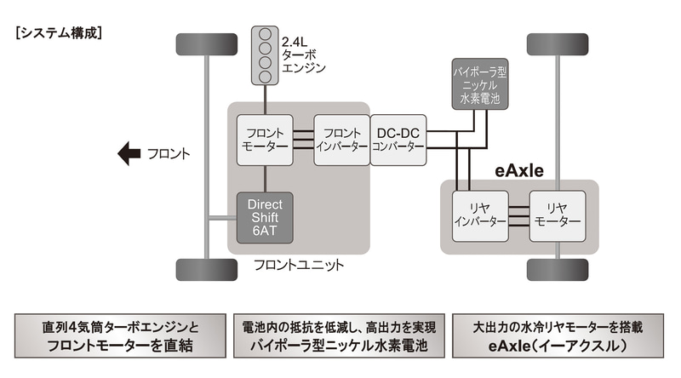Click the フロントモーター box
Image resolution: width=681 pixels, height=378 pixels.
click(x=266, y=139)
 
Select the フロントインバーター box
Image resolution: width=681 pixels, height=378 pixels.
click(x=342, y=139)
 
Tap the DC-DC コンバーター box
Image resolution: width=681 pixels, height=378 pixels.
click(x=398, y=139)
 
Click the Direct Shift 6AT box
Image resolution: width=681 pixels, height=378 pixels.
click(x=265, y=216)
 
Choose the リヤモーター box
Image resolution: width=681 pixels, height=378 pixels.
click(x=557, y=215)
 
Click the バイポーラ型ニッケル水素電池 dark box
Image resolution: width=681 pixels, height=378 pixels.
click(x=482, y=84)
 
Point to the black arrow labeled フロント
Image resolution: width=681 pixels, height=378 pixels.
click(x=129, y=154)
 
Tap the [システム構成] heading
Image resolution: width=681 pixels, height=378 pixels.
click(x=59, y=34)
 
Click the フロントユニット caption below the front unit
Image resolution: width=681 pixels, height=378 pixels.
click(x=299, y=266)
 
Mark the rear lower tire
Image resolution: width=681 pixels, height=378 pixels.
click(x=558, y=270)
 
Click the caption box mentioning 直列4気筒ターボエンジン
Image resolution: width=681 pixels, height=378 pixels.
click(x=119, y=337)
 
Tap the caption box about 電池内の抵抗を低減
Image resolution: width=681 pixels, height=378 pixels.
click(x=340, y=337)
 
